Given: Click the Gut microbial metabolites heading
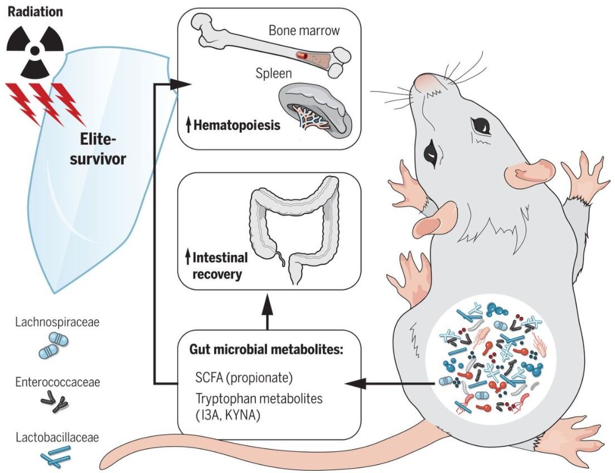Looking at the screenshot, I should coord(268,350).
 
